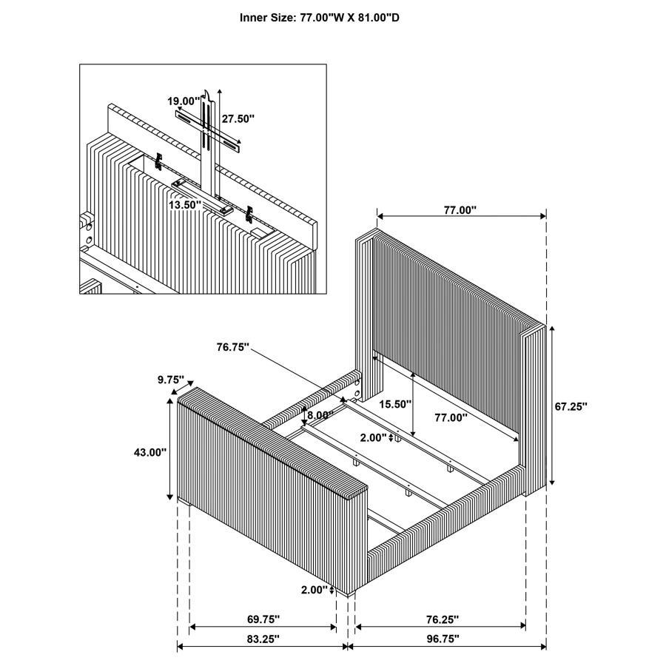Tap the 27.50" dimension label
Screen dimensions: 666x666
[238, 118]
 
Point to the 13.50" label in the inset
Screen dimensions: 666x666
[185, 204]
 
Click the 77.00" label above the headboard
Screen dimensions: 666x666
[460, 210]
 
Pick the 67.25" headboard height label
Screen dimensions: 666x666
[571, 406]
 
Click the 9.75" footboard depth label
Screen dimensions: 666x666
[170, 379]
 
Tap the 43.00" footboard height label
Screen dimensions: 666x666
[151, 451]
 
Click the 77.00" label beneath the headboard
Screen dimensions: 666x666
[451, 417]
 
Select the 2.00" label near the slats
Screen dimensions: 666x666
[374, 437]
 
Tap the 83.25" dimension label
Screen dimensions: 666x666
[263, 638]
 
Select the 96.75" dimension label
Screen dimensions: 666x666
[442, 638]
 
